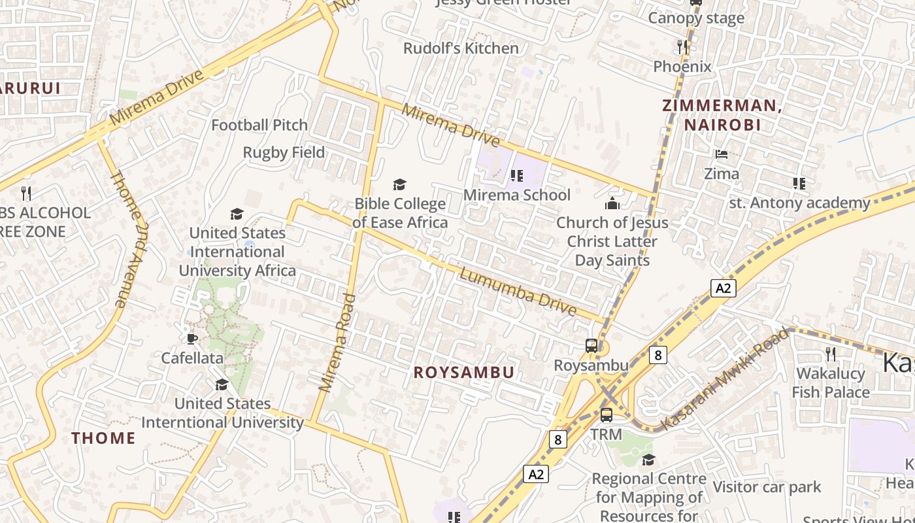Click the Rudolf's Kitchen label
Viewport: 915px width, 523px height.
pos(461,48)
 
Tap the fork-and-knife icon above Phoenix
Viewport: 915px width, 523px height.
pos(682,46)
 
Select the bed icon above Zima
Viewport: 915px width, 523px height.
pos(722,154)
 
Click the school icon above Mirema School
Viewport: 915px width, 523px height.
pos(517,175)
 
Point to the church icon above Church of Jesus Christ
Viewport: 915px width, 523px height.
pos(612,203)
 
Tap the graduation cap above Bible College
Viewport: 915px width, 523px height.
pos(399,185)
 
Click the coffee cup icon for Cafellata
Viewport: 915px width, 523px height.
pos(191,339)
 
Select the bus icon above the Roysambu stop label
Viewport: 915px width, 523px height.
pos(591,345)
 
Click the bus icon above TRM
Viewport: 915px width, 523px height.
pos(607,414)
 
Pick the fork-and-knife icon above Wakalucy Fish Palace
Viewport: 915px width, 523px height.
pos(831,354)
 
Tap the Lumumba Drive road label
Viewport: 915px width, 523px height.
pos(518,292)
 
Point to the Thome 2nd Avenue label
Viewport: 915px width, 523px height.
pos(127,239)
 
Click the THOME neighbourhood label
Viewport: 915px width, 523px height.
pos(103,438)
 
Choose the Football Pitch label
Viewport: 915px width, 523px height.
pos(259,125)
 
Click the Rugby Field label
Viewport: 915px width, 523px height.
pos(284,152)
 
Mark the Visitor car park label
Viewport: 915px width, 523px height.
pos(767,487)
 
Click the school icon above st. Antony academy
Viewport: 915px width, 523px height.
pos(799,183)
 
